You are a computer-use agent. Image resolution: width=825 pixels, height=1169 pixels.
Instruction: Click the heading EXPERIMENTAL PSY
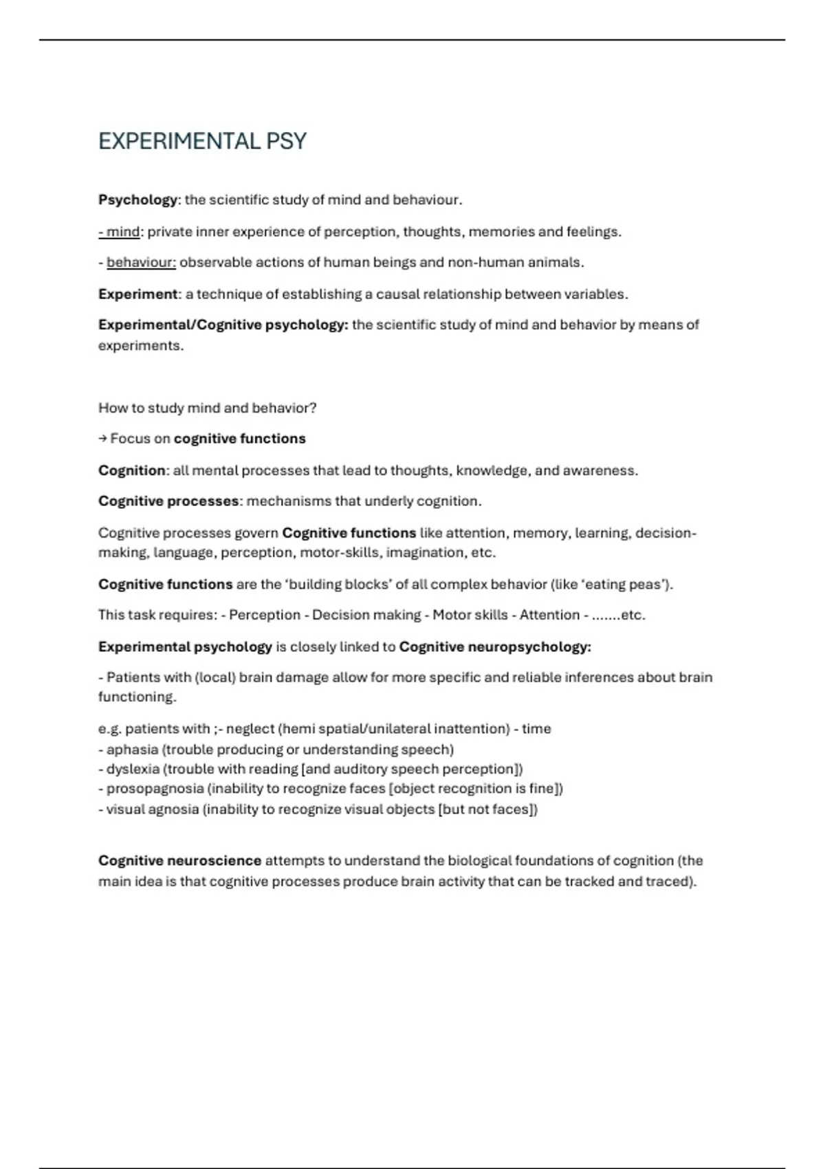[x=202, y=142]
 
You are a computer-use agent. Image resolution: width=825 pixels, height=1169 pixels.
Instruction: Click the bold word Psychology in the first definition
[x=137, y=200]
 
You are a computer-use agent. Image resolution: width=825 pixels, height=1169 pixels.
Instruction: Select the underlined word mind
[x=123, y=232]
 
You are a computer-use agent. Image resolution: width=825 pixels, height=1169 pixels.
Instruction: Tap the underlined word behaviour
[x=141, y=263]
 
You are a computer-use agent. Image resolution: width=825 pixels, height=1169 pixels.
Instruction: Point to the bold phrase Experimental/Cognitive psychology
[x=223, y=325]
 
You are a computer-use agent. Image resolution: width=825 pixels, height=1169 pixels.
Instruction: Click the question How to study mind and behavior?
[x=207, y=408]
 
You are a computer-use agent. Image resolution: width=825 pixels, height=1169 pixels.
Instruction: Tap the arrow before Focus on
[x=102, y=439]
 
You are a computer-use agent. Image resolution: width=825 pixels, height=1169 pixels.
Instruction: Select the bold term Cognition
[x=132, y=471]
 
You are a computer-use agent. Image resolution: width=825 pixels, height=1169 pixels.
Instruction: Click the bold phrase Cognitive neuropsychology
[x=494, y=647]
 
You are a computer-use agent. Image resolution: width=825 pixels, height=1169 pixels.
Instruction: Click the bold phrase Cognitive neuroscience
[x=179, y=861]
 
